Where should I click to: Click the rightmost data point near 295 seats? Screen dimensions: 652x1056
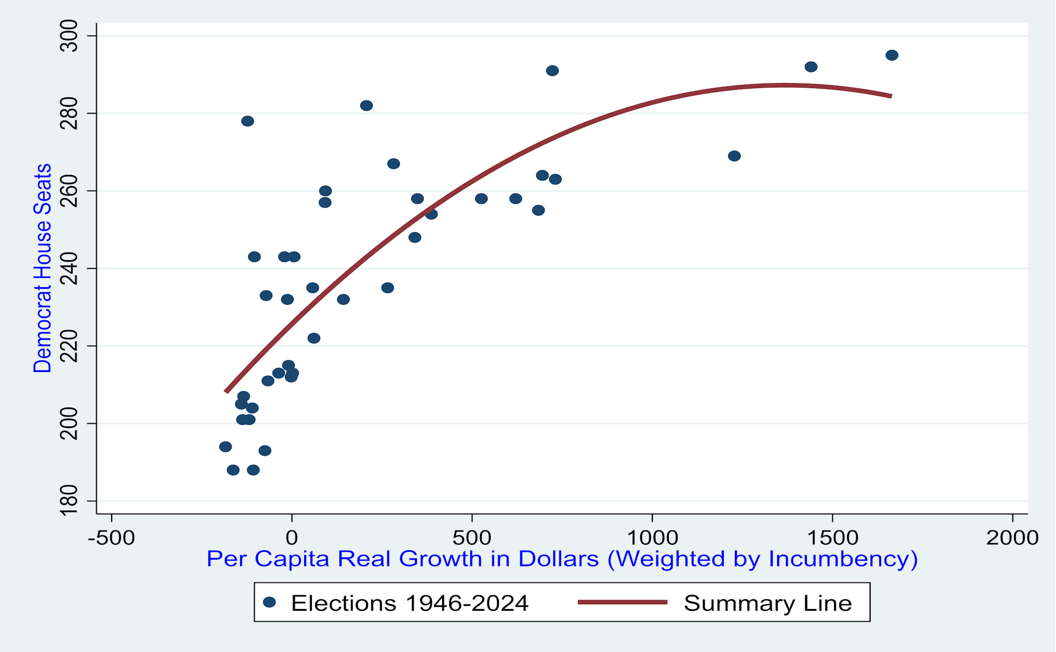(892, 55)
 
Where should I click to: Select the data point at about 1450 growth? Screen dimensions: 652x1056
(811, 67)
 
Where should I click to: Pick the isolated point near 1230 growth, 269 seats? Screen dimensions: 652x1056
(734, 156)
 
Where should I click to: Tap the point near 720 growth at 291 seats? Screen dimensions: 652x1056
(552, 70)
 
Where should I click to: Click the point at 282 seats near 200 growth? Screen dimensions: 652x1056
(366, 105)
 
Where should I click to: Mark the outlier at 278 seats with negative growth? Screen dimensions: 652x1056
(248, 120)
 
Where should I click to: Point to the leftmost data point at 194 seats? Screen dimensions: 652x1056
(225, 446)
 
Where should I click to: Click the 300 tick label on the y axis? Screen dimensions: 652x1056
(69, 36)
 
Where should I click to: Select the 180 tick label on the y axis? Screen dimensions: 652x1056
(69, 500)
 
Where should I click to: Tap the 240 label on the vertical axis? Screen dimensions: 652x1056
(69, 268)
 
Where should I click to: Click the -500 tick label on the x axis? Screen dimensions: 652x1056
(111, 538)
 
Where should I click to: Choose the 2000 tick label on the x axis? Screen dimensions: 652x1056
(1011, 538)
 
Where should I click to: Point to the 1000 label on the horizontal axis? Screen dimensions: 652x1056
(652, 538)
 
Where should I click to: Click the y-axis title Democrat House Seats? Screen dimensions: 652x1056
(42, 268)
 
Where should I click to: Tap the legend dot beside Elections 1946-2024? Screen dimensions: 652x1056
(269, 602)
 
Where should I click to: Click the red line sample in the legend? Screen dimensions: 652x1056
(622, 602)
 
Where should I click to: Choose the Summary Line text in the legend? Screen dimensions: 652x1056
(767, 603)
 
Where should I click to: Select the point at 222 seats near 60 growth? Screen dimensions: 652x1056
(313, 338)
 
